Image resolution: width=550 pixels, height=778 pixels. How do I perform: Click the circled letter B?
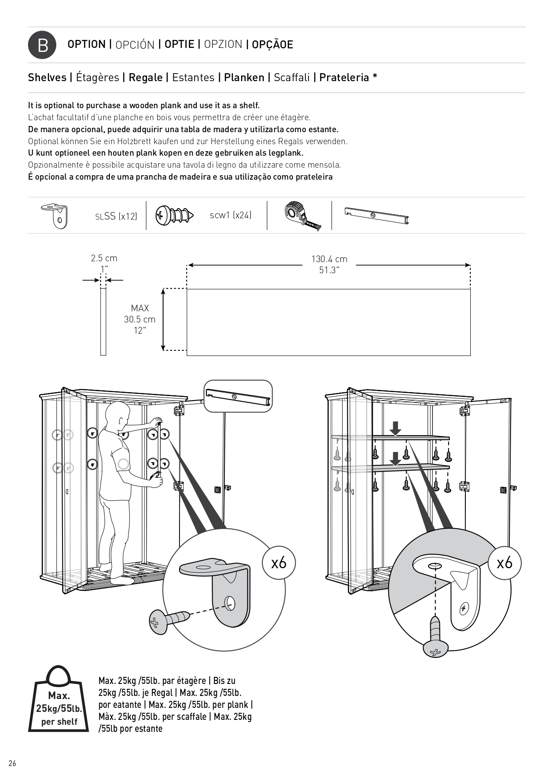click(x=42, y=45)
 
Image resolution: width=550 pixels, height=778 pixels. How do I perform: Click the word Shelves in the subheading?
click(x=47, y=78)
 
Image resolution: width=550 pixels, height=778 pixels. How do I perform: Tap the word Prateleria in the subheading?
click(x=344, y=78)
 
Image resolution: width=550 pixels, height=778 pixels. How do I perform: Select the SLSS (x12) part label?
click(x=116, y=216)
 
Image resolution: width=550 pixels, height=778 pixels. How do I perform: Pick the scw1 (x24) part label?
click(x=230, y=216)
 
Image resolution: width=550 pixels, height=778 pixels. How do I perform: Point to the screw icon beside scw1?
click(x=175, y=216)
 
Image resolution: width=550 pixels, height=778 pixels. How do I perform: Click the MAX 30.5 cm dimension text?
click(x=140, y=319)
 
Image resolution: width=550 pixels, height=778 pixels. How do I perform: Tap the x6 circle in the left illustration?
click(x=279, y=563)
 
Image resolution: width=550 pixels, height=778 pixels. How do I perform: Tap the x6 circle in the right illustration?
click(x=505, y=563)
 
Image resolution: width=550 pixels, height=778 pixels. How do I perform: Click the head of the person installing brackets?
click(x=116, y=414)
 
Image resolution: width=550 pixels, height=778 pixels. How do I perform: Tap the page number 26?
click(x=12, y=763)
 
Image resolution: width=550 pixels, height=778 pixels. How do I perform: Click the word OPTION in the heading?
click(x=86, y=44)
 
